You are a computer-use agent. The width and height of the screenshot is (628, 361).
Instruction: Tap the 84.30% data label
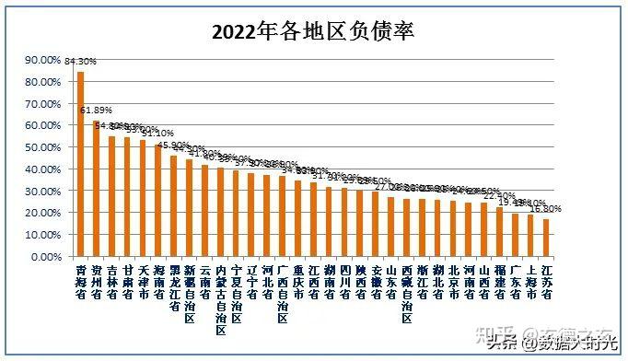coord(79,62)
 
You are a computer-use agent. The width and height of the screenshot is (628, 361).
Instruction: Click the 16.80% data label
coord(545,209)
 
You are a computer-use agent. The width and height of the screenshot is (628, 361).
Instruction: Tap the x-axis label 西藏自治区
coord(406,290)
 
